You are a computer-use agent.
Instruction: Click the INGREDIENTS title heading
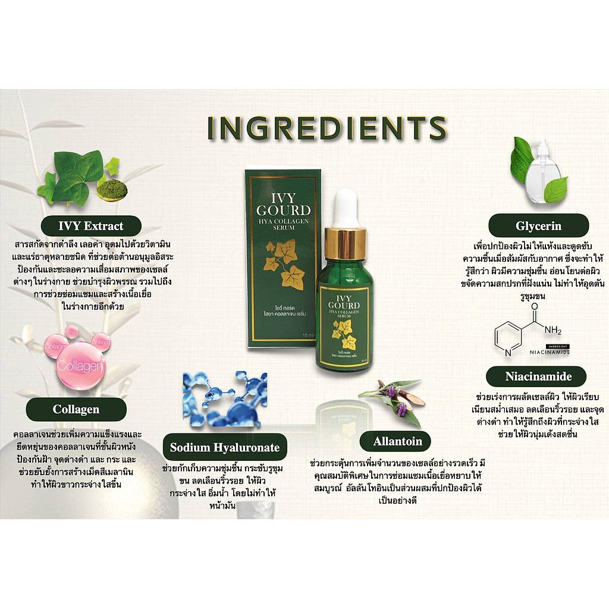pyautogui.click(x=327, y=128)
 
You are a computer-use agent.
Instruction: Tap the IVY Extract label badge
pyautogui.click(x=91, y=226)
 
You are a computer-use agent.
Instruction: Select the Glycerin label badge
pyautogui.click(x=538, y=225)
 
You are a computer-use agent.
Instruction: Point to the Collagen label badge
pyautogui.click(x=76, y=409)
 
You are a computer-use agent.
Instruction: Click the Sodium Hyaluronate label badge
pyautogui.click(x=225, y=447)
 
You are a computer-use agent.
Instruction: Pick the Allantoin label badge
pyautogui.click(x=398, y=441)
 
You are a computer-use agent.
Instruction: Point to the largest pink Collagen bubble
pyautogui.click(x=80, y=366)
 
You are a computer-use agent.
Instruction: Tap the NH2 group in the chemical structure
pyautogui.click(x=553, y=331)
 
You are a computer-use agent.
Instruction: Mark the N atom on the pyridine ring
pyautogui.click(x=508, y=352)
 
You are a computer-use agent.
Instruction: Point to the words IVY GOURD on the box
pyautogui.click(x=284, y=205)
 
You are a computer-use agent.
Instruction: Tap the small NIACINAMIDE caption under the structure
pyautogui.click(x=550, y=352)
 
